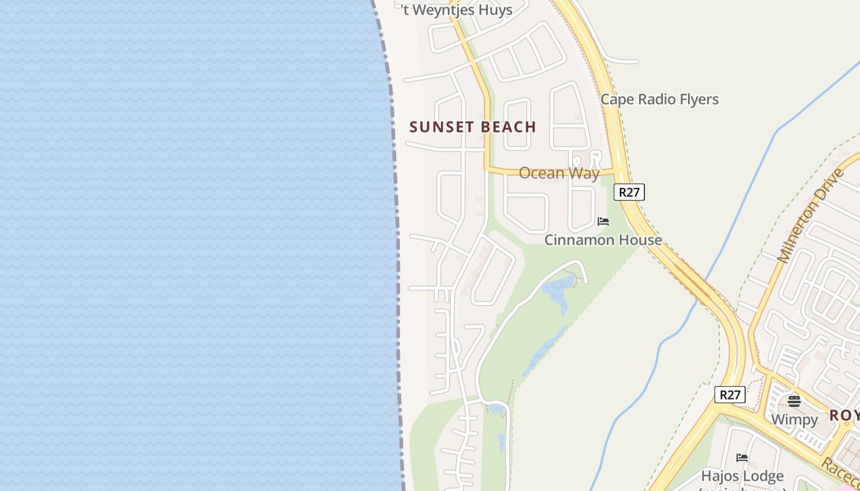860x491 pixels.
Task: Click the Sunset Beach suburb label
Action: [472, 127]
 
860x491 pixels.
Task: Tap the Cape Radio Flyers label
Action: [659, 99]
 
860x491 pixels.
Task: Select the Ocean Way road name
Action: [558, 173]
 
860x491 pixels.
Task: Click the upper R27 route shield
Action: [629, 192]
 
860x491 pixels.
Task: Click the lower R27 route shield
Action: [730, 395]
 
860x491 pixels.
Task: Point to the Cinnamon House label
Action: [603, 240]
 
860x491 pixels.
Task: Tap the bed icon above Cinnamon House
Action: [603, 222]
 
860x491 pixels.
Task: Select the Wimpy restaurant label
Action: [794, 420]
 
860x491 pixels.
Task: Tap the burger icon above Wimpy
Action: [794, 401]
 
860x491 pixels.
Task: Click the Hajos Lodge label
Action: [742, 476]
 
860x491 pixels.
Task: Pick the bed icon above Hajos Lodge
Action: [742, 457]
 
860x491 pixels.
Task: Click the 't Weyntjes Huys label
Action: [457, 10]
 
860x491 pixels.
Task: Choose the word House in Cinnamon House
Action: [639, 240]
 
